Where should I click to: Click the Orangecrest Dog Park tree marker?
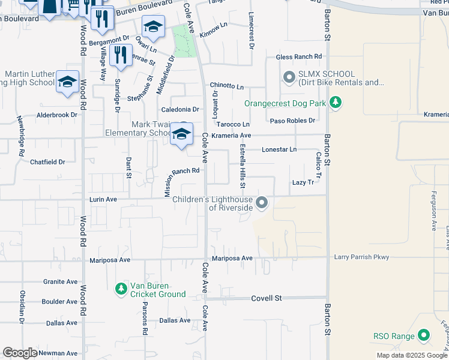[336, 104]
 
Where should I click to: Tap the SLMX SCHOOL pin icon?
[289, 77]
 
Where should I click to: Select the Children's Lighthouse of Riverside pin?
[262, 203]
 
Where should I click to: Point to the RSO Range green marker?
[424, 336]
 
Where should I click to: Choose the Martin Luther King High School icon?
[67, 82]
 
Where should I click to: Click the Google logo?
[20, 353]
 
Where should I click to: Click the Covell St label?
[267, 298]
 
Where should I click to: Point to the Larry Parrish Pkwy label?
[362, 257]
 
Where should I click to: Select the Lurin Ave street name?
[102, 199]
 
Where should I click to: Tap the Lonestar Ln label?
[279, 149]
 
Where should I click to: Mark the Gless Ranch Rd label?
[295, 57]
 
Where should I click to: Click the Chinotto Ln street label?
[227, 87]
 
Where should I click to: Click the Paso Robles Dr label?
[292, 121]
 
